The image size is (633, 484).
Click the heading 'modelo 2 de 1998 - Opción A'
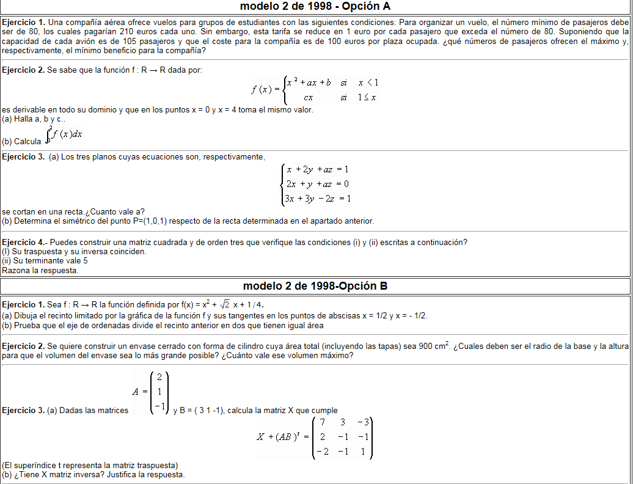click(x=315, y=7)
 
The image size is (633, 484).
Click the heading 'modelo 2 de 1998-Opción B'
click(x=315, y=286)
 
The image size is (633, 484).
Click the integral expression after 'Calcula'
click(x=64, y=136)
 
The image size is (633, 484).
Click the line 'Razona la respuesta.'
click(x=40, y=269)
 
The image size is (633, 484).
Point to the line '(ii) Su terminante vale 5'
click(x=45, y=260)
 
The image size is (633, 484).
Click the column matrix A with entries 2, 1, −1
click(x=158, y=392)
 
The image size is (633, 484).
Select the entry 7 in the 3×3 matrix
click(x=322, y=422)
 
